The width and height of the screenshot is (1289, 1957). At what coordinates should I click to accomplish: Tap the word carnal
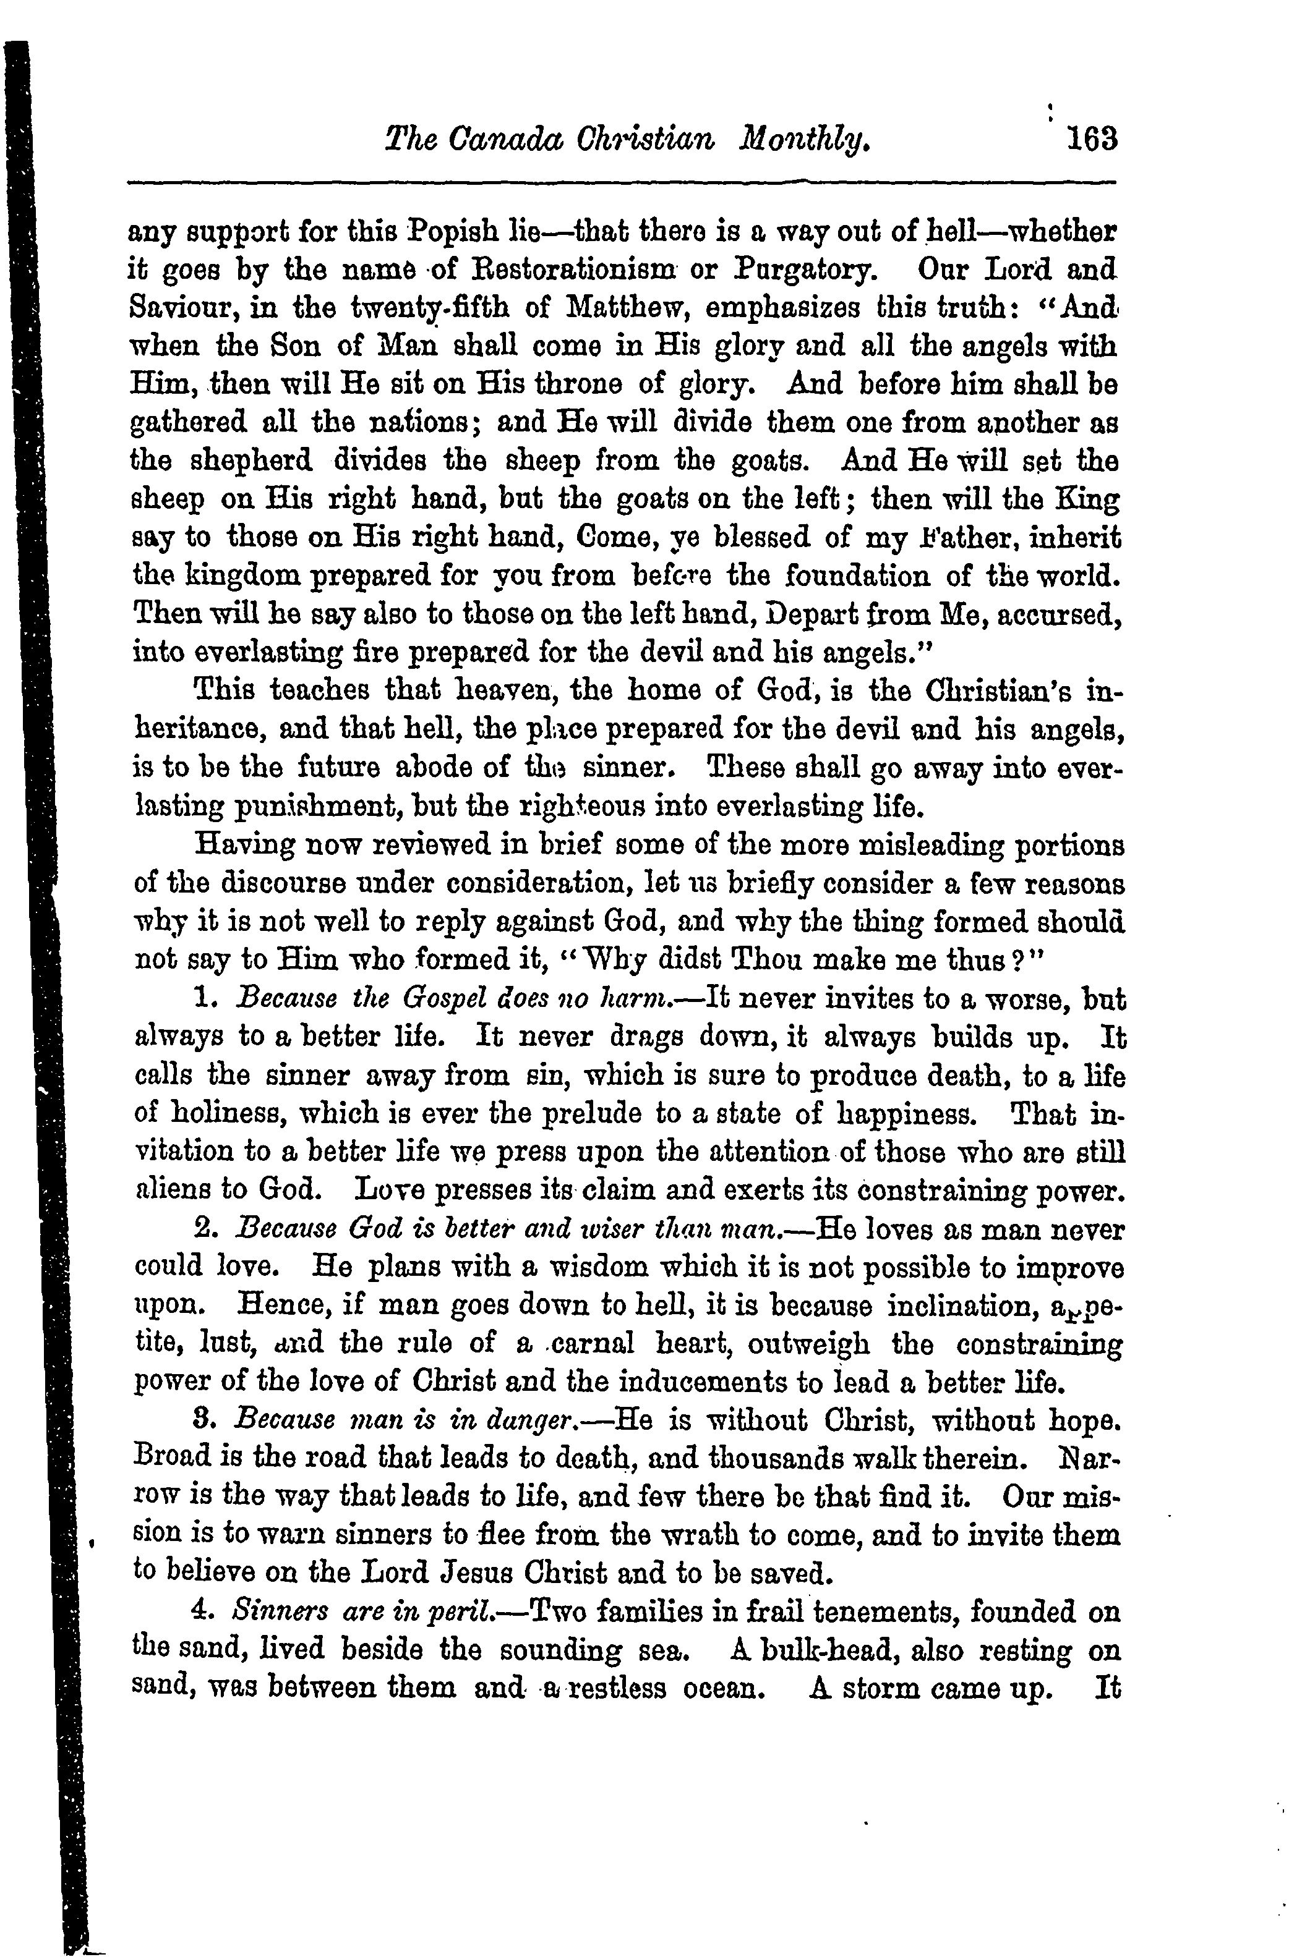[593, 1344]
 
